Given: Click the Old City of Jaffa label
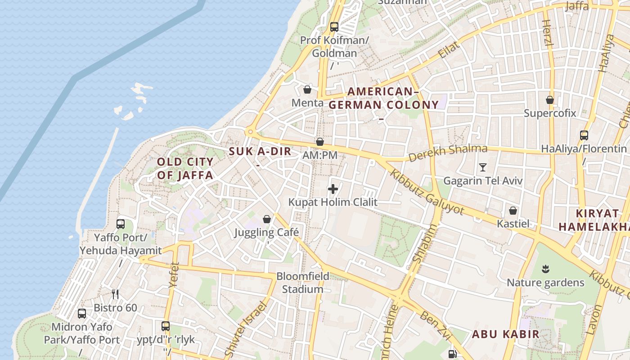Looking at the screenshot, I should coord(184,168).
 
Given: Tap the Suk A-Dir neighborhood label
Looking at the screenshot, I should coord(260,152).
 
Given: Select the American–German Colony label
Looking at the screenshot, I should coord(383,99).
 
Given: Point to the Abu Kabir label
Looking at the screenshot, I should coord(505,334).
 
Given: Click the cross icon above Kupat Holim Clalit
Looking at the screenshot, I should coord(333,189).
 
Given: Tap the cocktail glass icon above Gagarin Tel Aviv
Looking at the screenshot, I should coord(483,167).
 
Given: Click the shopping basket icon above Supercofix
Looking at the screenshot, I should coord(549,100).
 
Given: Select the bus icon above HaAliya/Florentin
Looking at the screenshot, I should coord(584,135).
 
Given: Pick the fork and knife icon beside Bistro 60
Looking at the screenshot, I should coord(115,294).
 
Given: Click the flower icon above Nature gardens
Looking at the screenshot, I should coord(545,270).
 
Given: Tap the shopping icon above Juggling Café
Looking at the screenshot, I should coord(267,219).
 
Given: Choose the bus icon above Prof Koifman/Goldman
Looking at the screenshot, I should coord(334,27).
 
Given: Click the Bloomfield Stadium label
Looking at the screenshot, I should coord(302,283).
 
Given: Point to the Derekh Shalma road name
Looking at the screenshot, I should coord(448,153).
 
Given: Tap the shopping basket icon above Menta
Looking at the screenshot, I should coord(307,90).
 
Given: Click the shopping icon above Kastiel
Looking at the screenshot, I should coord(513,210).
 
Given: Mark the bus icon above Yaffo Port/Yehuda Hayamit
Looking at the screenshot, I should coord(121,224).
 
